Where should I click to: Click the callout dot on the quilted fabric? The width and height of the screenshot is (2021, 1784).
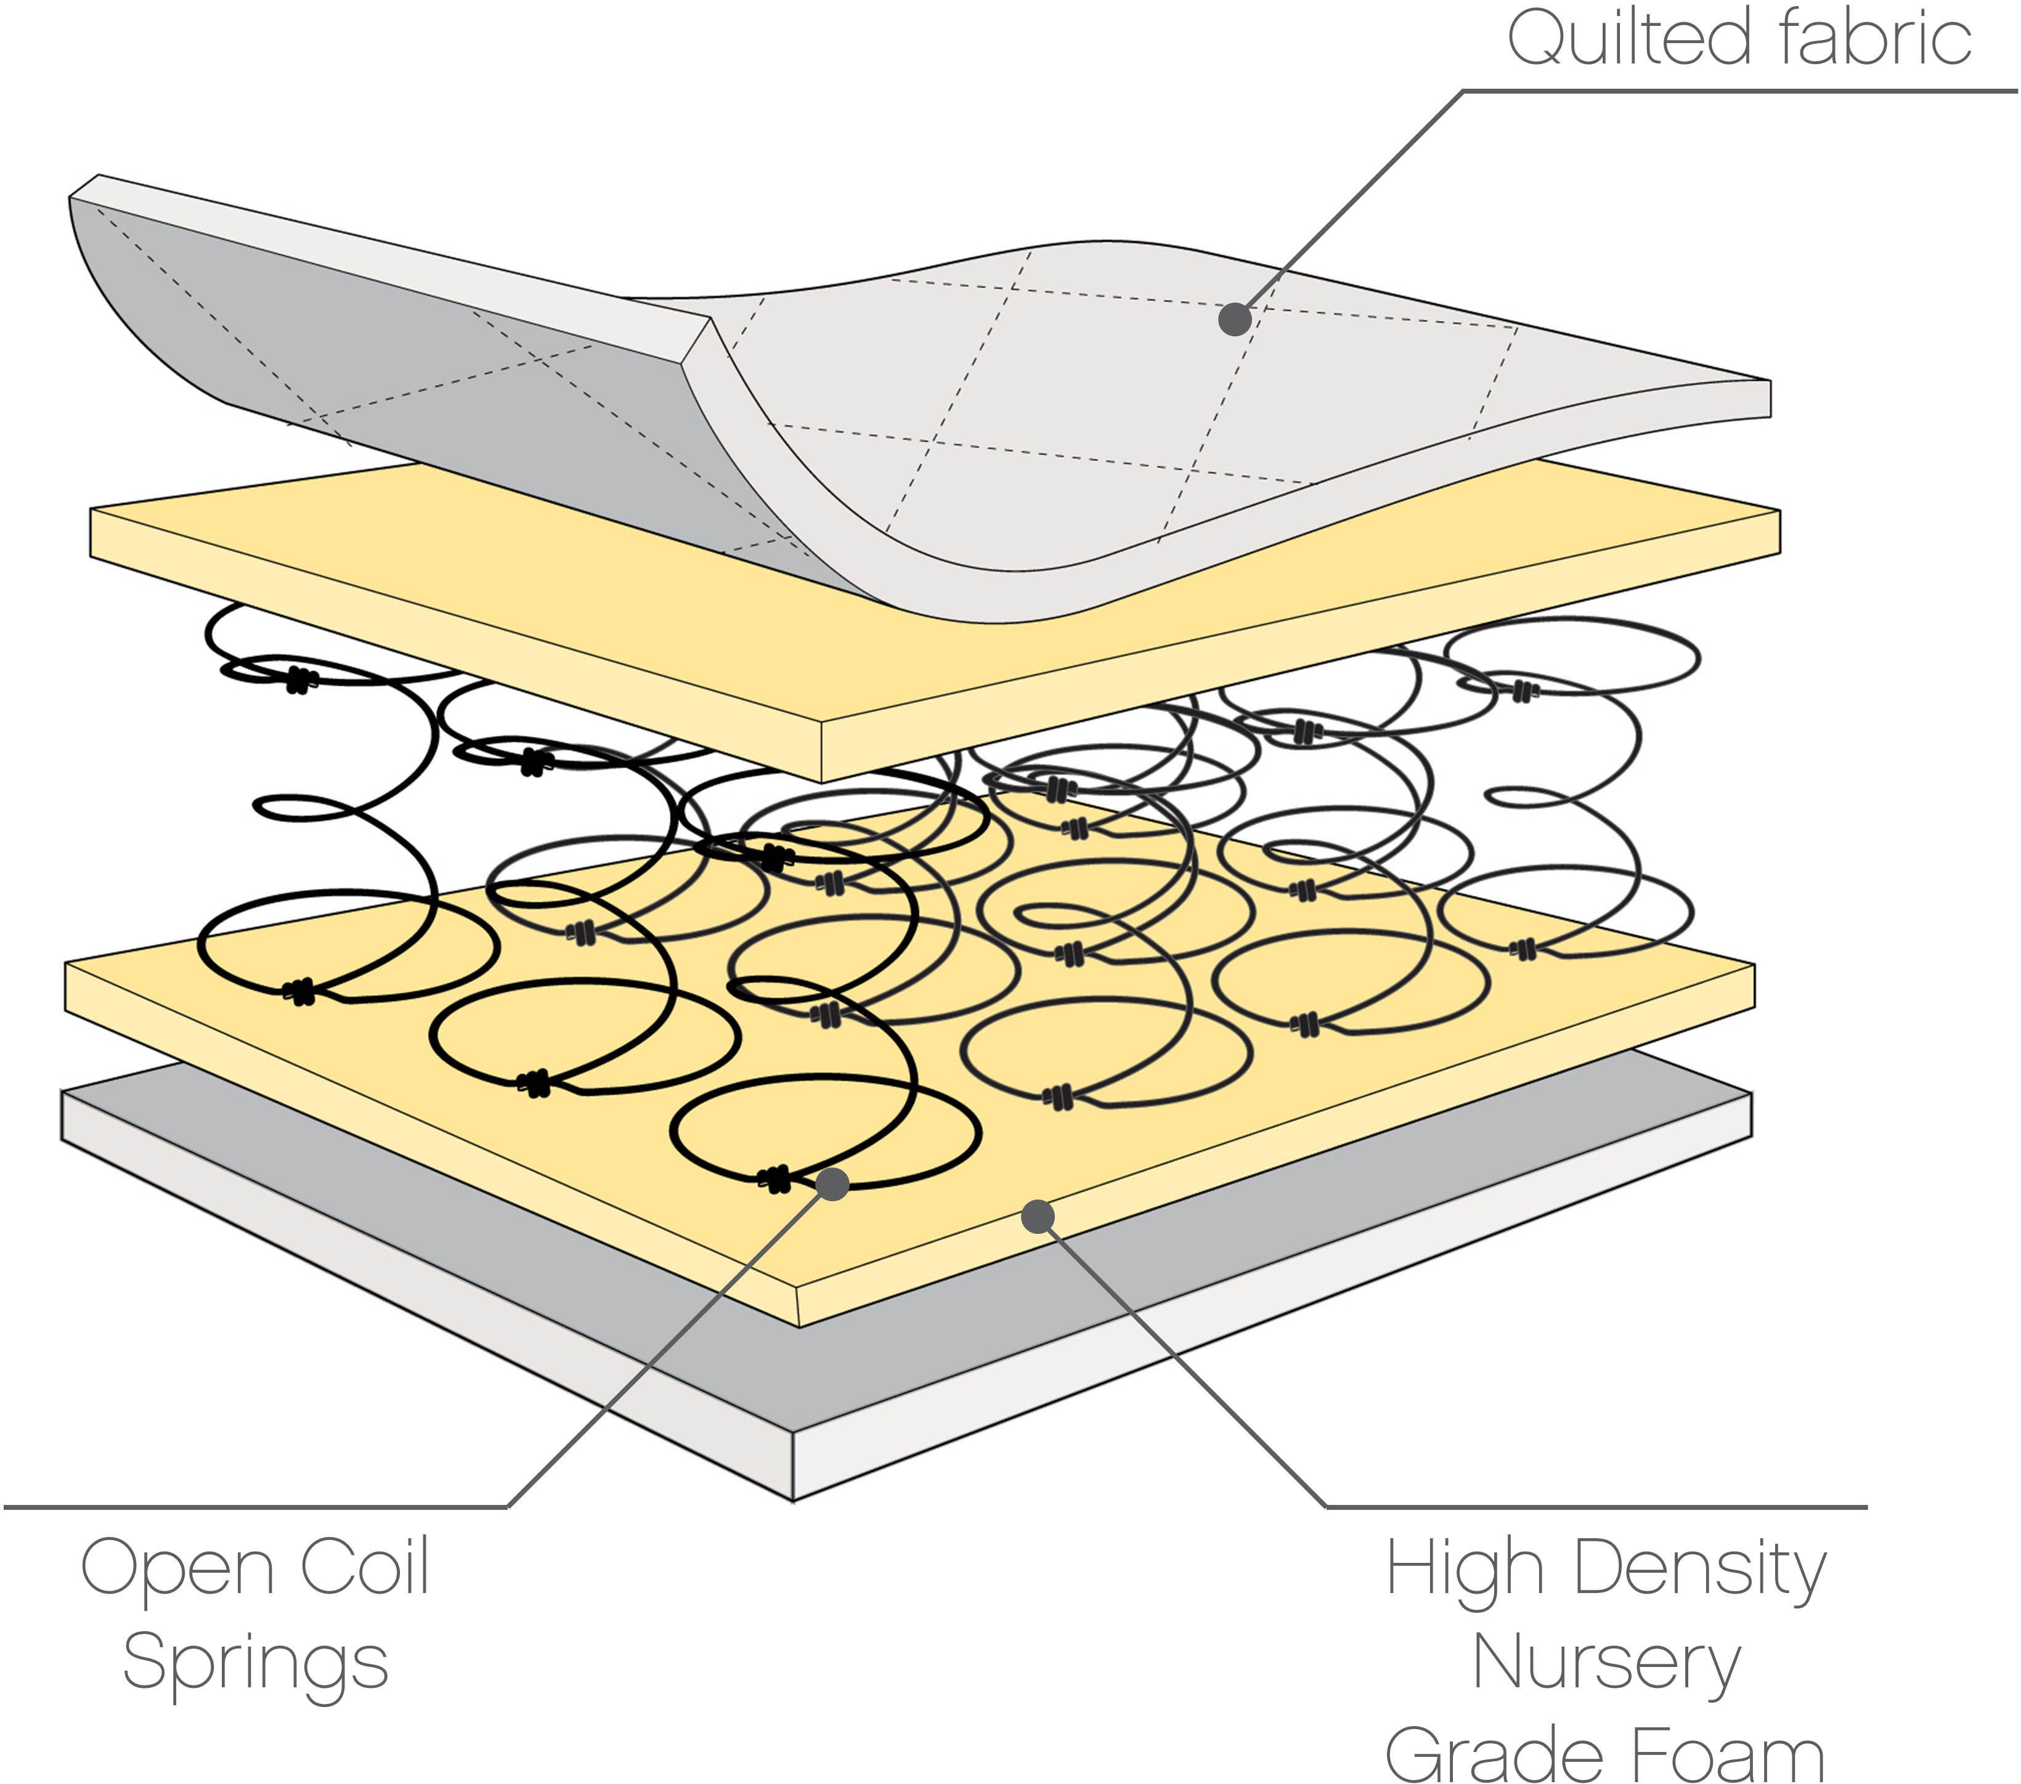coord(1234,319)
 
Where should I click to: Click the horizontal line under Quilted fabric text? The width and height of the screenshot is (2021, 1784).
coord(1740,92)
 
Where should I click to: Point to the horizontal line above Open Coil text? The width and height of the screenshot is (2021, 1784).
coord(257,1507)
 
